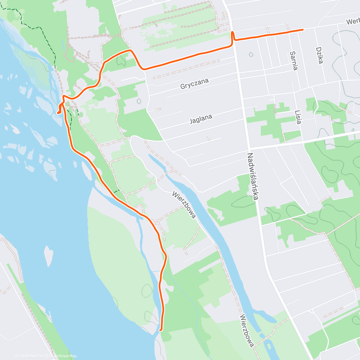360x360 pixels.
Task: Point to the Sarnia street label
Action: click(x=294, y=61)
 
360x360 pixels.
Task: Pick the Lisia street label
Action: click(x=298, y=117)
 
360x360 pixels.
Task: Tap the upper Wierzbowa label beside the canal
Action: click(x=184, y=205)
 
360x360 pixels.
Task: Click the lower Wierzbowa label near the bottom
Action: click(x=247, y=330)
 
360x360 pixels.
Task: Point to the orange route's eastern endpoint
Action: click(x=302, y=29)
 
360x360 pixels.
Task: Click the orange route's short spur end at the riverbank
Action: click(x=58, y=113)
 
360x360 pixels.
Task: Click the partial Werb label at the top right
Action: click(x=352, y=22)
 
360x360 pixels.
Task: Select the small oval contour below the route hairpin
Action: click(x=251, y=55)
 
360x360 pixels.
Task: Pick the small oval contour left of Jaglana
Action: click(x=139, y=101)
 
